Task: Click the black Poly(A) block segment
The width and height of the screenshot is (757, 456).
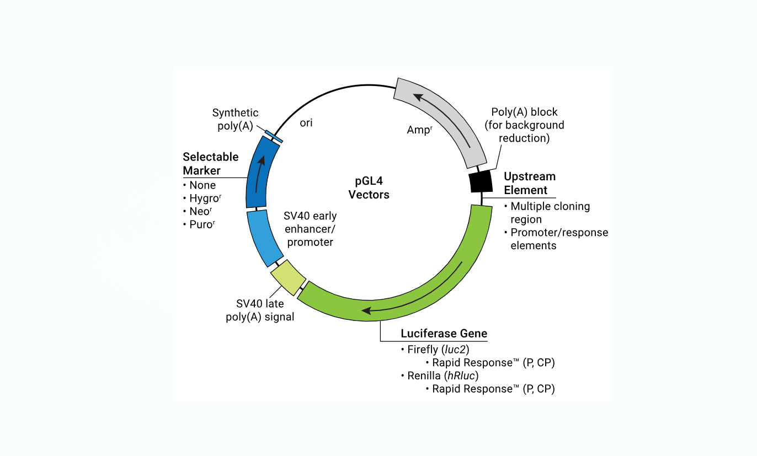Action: coord(481,181)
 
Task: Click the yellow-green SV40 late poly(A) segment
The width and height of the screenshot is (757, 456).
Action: coord(288,277)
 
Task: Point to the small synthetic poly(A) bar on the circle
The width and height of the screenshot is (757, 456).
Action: coord(274,136)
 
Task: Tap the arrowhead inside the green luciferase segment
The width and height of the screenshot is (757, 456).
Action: coord(366,310)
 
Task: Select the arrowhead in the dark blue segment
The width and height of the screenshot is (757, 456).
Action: coord(262,160)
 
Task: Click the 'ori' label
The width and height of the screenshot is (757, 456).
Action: coord(306,122)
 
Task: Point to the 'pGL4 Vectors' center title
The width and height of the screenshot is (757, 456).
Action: coord(369,188)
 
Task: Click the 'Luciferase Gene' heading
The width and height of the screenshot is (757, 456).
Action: coord(444,334)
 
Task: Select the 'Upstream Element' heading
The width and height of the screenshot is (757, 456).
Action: coord(530,183)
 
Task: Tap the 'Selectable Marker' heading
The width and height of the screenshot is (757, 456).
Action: coord(211,163)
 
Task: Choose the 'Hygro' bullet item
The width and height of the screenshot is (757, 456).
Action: coord(205,199)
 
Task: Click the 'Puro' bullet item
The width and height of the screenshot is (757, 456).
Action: coord(202,224)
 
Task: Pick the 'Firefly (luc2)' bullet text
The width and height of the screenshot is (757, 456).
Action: coord(438,350)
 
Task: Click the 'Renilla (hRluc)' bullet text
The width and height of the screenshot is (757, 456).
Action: coord(443,375)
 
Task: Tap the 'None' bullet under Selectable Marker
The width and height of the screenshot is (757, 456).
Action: coord(202,185)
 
